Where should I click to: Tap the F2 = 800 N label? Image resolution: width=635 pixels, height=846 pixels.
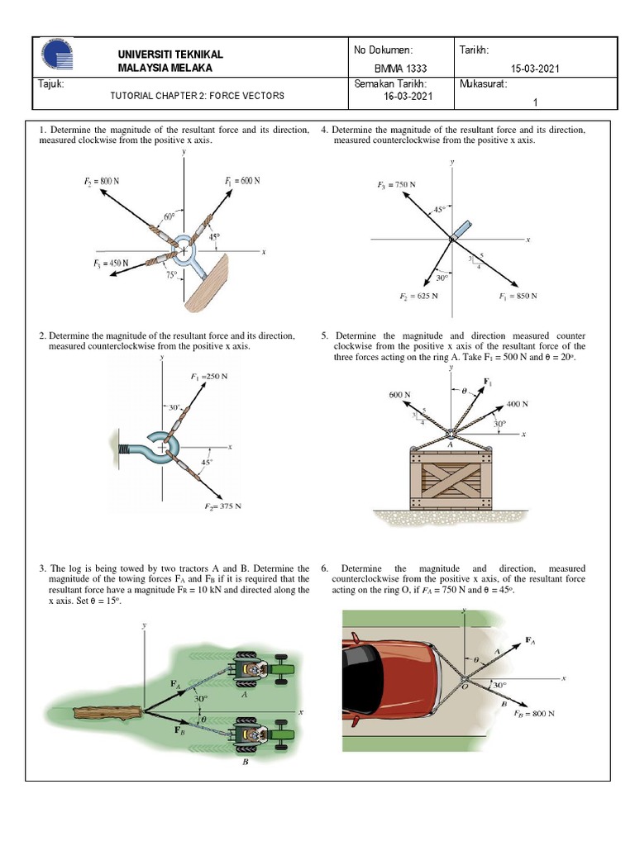[x=102, y=179]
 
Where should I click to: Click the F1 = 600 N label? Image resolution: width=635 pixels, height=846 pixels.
[x=241, y=181]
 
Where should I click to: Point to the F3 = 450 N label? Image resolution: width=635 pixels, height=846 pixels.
[x=111, y=264]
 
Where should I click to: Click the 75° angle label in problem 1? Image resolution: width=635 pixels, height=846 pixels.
[x=171, y=276]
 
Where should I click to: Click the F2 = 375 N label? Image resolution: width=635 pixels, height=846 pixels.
[x=223, y=506]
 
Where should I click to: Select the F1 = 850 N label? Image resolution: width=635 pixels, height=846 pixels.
[x=518, y=296]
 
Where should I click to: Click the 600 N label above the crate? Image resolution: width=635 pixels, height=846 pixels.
[x=400, y=395]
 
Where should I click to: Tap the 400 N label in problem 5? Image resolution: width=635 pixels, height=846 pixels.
[x=517, y=404]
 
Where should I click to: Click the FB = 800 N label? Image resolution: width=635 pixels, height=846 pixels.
[x=532, y=713]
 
